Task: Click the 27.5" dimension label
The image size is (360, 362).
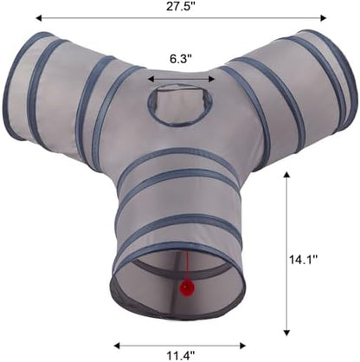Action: click(181, 7)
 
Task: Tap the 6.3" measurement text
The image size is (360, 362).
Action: click(181, 59)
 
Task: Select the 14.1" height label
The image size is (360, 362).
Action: click(304, 260)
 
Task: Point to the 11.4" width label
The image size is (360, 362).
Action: click(181, 356)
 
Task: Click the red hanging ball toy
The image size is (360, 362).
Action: click(187, 288)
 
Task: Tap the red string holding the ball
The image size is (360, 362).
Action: click(188, 266)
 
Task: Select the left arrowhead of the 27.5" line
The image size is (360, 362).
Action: click(39, 18)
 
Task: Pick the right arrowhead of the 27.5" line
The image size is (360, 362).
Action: click(323, 18)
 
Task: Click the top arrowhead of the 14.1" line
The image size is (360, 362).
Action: click(286, 175)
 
